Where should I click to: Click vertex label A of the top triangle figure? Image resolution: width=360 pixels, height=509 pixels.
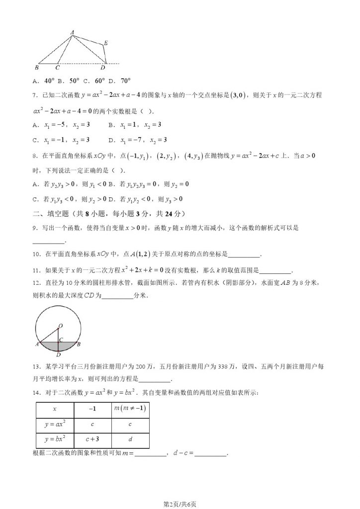point(73,33)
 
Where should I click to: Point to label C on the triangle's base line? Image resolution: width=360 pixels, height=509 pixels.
point(58,68)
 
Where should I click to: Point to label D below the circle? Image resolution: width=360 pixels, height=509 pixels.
point(58,355)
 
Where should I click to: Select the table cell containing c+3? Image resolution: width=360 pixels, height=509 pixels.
point(92,440)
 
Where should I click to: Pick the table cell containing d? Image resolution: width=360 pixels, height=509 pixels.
point(130,440)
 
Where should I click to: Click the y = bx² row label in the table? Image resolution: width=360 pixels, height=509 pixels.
point(55,440)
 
